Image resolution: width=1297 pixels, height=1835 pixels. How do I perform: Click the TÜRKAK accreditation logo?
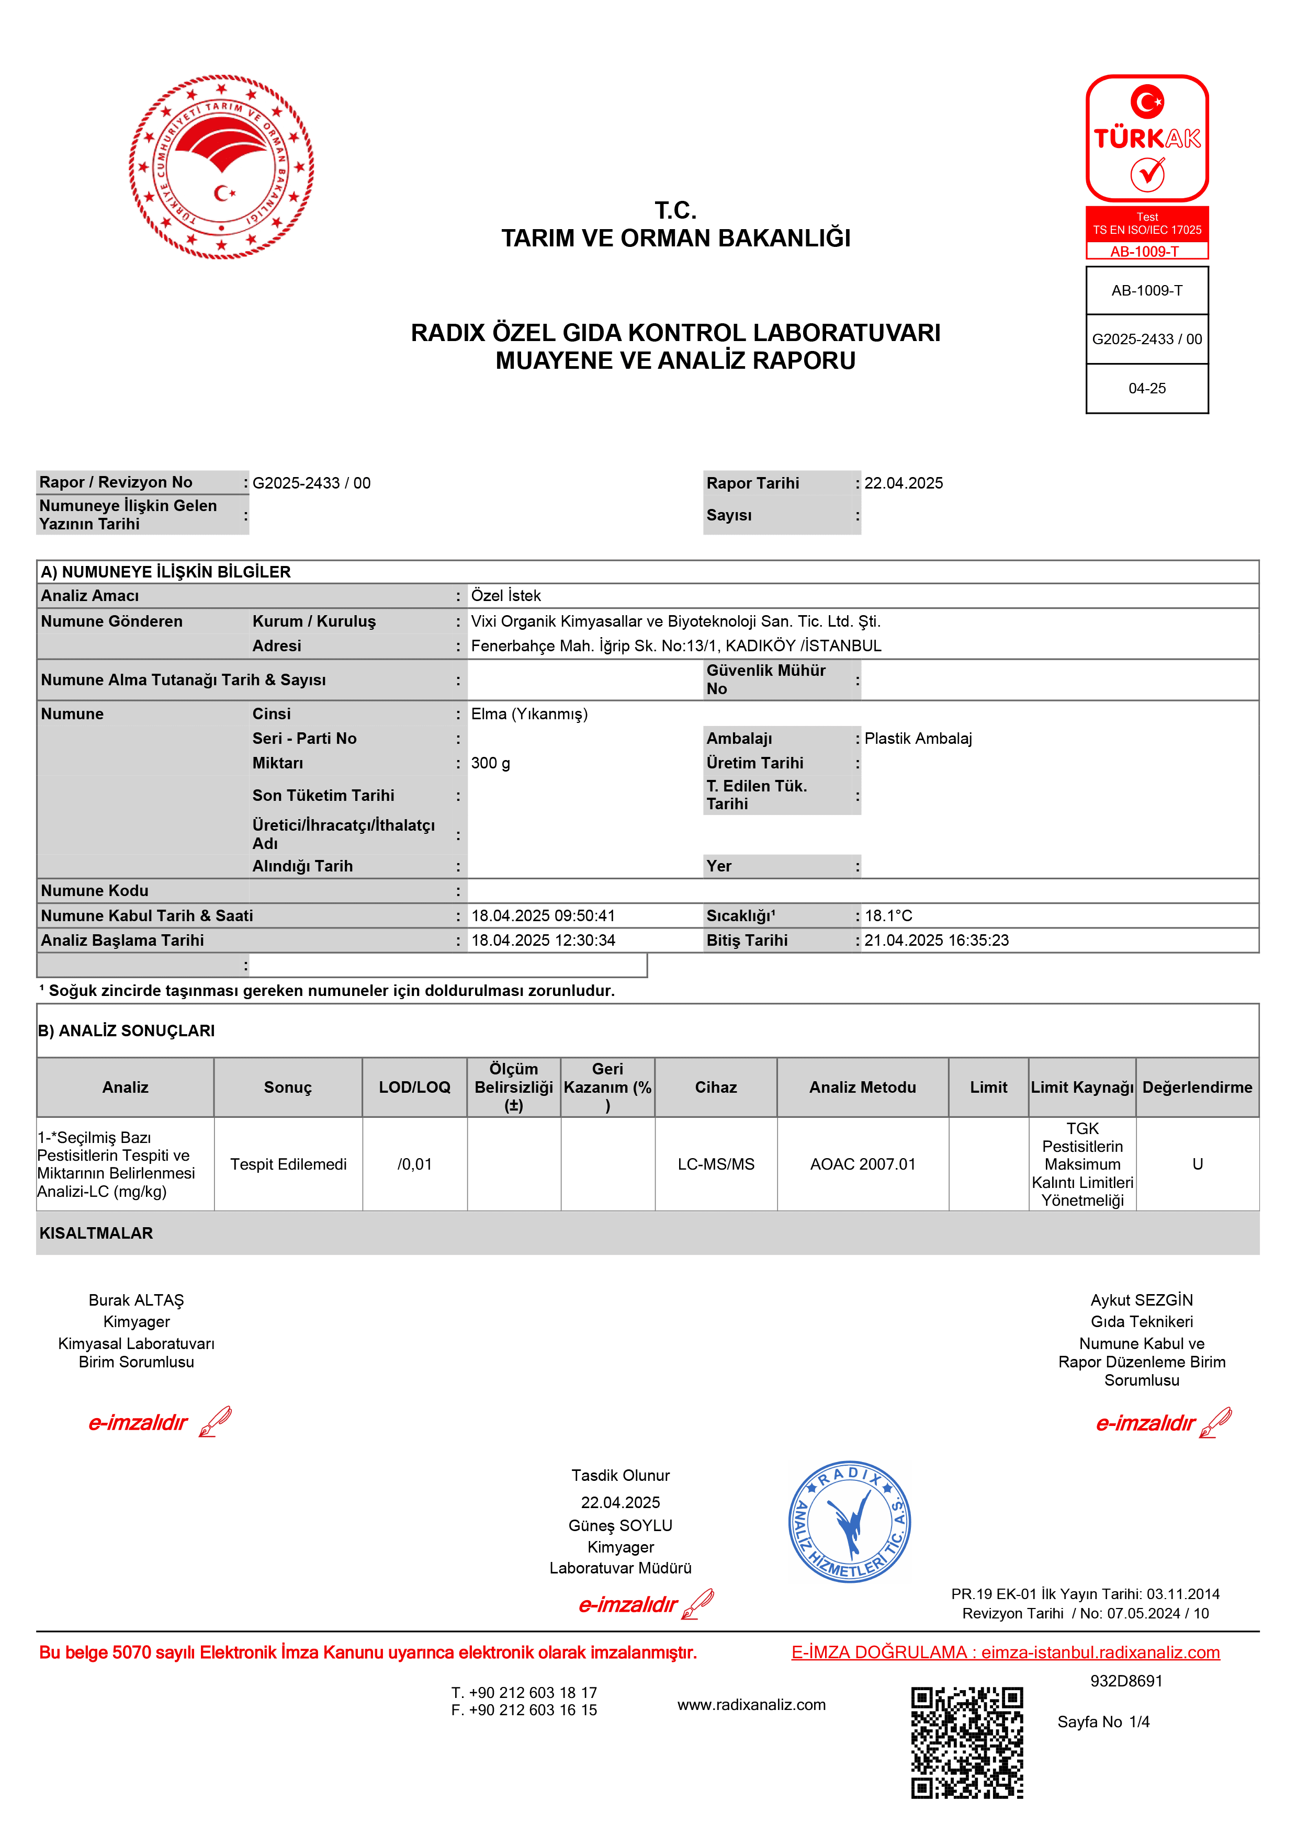coord(1147,138)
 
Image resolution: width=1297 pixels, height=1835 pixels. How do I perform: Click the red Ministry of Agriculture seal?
coord(221,167)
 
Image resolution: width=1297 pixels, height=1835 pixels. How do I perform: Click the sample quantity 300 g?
coord(491,763)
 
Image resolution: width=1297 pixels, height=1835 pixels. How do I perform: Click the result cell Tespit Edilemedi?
coord(288,1164)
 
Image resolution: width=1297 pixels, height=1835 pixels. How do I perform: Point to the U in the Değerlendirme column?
coord(1197,1164)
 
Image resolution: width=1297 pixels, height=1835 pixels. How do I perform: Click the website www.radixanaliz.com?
coord(751,1705)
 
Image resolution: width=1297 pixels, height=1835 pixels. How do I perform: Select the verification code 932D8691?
coord(1126,1681)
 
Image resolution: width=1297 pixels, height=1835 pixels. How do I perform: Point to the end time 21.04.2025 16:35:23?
coord(936,941)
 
